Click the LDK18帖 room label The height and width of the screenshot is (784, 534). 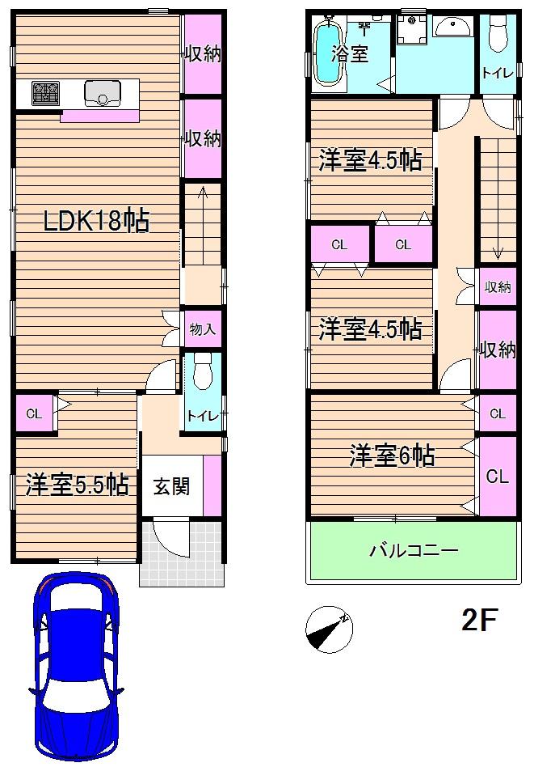(96, 222)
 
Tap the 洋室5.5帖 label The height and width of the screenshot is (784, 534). (77, 485)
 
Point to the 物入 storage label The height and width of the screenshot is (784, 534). (202, 329)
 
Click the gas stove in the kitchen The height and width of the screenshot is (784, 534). (45, 94)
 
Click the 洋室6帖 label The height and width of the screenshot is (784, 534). (392, 456)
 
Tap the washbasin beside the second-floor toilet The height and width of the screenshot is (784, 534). (452, 28)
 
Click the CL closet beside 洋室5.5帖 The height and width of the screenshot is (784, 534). (33, 413)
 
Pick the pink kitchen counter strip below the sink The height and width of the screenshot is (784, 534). (100, 115)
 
